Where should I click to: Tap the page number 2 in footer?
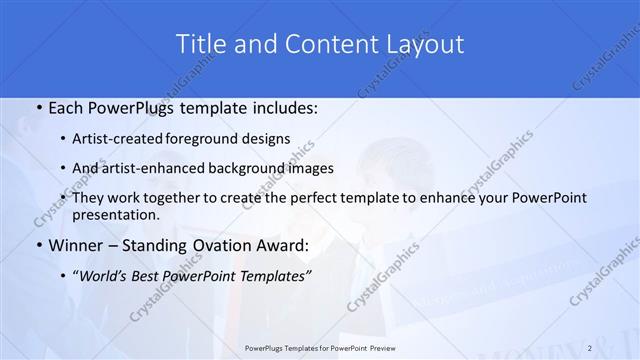coord(591,348)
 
